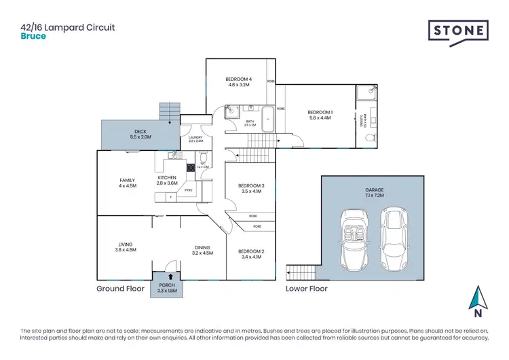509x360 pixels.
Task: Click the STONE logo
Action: coord(457,32)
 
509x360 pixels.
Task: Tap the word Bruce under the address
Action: coord(33,36)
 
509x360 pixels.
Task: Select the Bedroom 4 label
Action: coord(238,79)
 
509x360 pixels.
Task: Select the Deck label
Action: coord(139,131)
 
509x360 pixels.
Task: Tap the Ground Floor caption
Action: coord(120,289)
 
